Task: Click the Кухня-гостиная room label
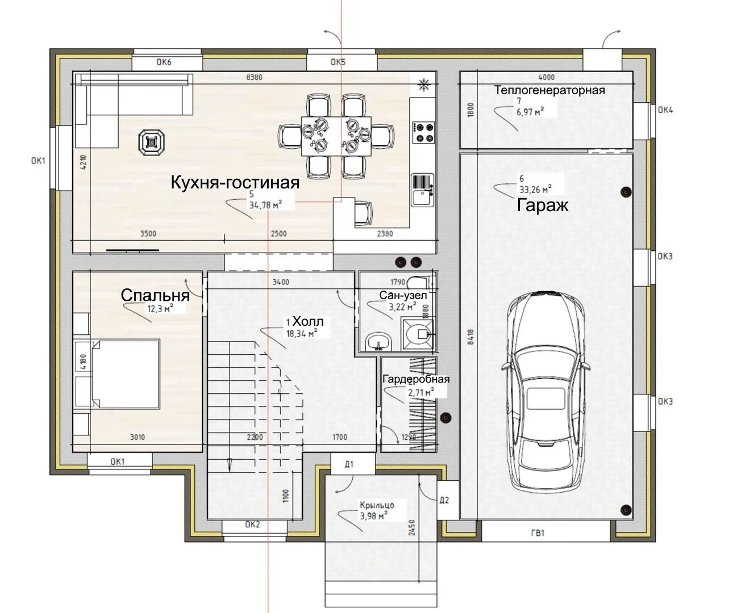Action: point(235,182)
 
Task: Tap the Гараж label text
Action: point(543,205)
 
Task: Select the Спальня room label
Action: point(155,295)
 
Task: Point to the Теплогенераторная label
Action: point(550,90)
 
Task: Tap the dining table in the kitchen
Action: point(336,136)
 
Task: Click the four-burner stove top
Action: point(423,132)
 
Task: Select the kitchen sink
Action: point(423,190)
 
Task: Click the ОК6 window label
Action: point(164,62)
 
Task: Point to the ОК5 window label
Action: point(338,62)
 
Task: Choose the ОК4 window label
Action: point(665,110)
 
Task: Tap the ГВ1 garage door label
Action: point(538,534)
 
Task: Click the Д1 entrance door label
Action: point(349,465)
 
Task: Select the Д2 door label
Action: point(444,500)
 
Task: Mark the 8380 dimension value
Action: point(254,77)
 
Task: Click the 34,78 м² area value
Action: point(265,205)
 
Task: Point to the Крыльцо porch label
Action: point(377,505)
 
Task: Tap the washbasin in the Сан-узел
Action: point(378,341)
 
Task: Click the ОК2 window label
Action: point(252,524)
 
